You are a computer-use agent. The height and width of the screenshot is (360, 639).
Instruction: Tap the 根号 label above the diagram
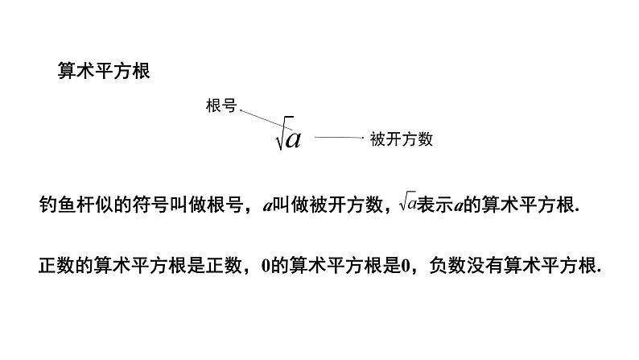coord(221,106)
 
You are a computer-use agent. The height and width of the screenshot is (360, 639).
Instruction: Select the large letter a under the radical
coord(293,139)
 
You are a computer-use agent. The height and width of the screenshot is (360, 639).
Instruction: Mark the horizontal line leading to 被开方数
coord(338,139)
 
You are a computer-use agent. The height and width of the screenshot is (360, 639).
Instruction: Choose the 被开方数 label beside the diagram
coord(402,139)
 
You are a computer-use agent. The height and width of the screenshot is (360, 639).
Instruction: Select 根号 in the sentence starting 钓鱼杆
coord(228,205)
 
